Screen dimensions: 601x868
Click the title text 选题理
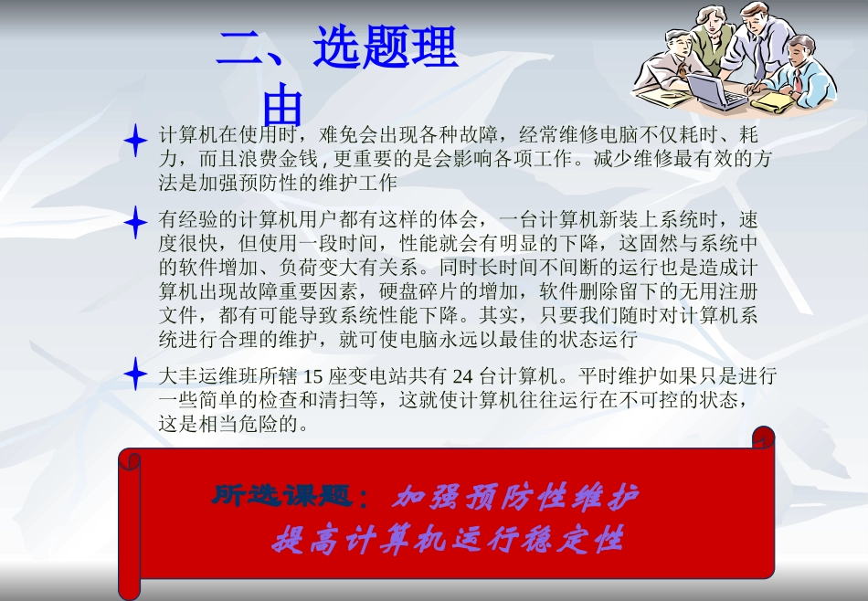[385, 47]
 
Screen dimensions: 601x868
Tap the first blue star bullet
[135, 141]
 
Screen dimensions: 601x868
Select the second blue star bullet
[135, 223]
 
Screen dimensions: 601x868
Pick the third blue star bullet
[135, 374]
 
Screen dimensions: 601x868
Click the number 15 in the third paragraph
[312, 375]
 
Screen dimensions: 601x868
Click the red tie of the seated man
[797, 79]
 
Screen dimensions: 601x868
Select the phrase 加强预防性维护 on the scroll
[515, 498]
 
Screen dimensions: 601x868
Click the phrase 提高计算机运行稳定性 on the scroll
[447, 541]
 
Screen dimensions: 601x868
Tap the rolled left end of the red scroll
[130, 521]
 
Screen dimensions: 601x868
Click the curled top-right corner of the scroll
[762, 439]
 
